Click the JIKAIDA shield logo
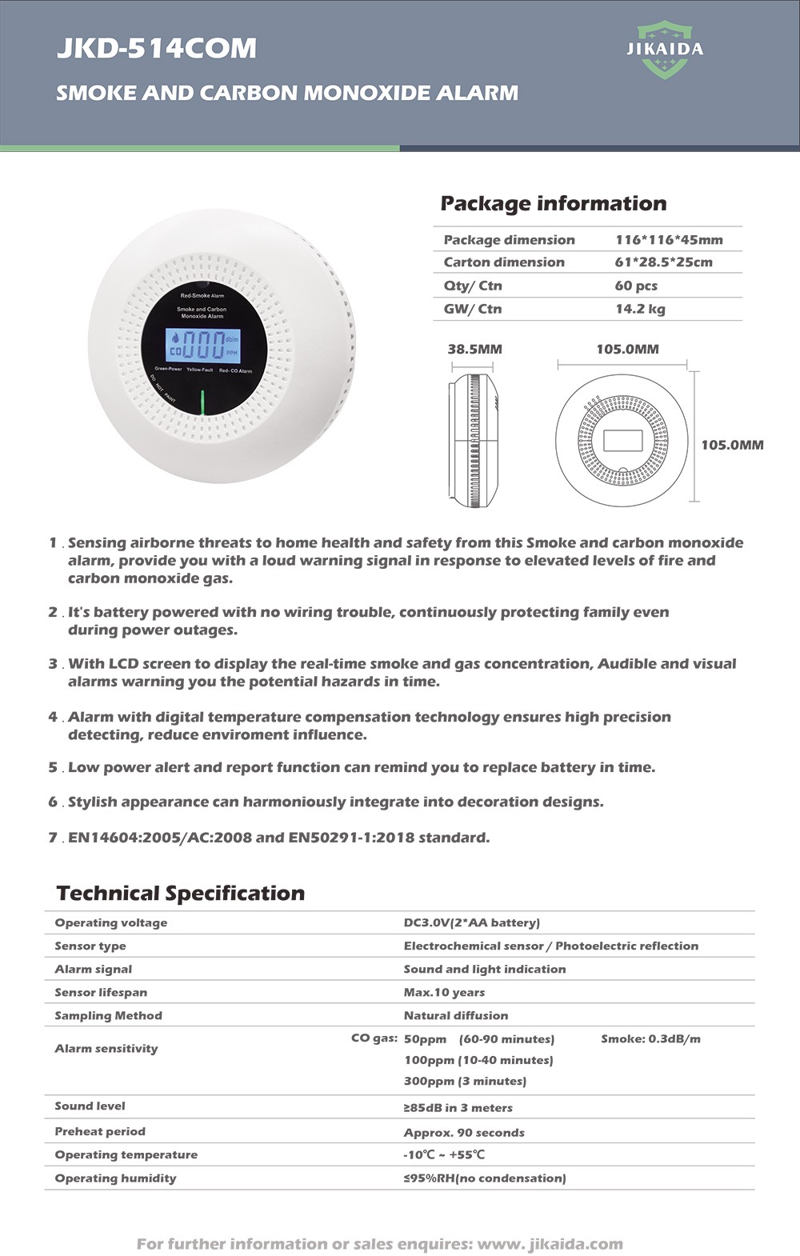(665, 50)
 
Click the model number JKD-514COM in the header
(157, 49)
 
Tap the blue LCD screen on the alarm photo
(202, 346)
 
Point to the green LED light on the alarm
(202, 402)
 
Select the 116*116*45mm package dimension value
(669, 240)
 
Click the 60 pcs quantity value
(636, 286)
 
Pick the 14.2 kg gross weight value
(640, 309)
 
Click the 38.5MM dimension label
(474, 349)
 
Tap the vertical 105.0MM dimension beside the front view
(732, 445)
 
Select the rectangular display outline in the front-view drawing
(622, 441)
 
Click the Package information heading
(554, 203)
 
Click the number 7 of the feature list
(53, 838)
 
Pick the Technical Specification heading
(181, 893)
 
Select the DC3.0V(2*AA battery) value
(471, 922)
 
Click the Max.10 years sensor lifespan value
(444, 992)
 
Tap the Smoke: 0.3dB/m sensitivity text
(650, 1038)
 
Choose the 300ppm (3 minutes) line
(465, 1081)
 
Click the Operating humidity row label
(115, 1178)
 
